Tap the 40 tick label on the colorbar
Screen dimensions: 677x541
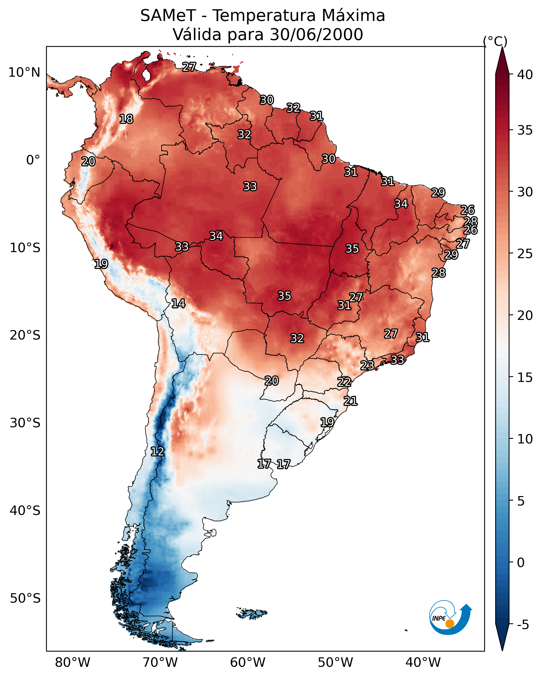[x=525, y=75]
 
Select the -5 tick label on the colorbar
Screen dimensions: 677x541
[x=523, y=625]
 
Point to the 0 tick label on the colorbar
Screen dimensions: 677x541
[x=521, y=563]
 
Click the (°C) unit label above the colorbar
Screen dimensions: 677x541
[x=495, y=41]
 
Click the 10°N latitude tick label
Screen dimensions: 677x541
[x=24, y=73]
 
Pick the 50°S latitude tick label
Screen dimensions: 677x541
[x=25, y=598]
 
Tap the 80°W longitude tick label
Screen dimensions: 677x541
[x=72, y=662]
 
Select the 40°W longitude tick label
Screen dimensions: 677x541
[x=423, y=662]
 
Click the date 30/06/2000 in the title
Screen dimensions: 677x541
[x=316, y=35]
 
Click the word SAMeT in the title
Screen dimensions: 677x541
[x=168, y=16]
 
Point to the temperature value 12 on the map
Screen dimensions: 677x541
[x=157, y=452]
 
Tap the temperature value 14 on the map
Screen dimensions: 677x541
[x=178, y=303]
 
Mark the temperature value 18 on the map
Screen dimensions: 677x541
[x=126, y=119]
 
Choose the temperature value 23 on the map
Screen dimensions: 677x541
[x=367, y=365]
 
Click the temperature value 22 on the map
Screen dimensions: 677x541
[x=344, y=382]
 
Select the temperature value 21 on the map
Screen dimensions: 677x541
[x=350, y=401]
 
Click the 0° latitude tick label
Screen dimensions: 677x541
[x=33, y=160]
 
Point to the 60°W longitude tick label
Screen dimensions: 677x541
[x=248, y=662]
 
